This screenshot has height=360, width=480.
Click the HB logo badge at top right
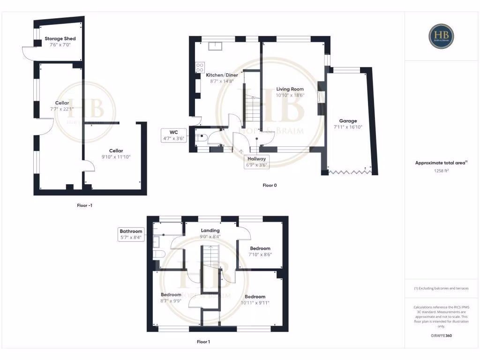point(441,36)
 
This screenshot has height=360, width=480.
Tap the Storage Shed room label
point(60,38)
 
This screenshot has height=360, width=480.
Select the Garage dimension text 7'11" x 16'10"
point(348,127)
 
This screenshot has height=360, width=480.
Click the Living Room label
point(290,89)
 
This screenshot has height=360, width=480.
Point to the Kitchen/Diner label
point(222,75)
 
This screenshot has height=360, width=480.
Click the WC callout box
point(174,135)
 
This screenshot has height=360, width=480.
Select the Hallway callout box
point(256,162)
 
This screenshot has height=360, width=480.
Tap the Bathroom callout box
point(131,234)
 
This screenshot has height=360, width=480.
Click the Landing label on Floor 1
point(210,231)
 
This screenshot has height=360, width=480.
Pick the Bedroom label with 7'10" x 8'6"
point(260,248)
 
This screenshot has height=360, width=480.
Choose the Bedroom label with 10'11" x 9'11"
point(255,296)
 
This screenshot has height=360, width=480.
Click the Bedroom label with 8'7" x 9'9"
point(171,294)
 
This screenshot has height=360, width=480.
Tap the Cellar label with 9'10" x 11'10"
point(116,150)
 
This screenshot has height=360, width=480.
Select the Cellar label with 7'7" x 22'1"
point(62,103)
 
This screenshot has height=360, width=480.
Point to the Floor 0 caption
point(270,185)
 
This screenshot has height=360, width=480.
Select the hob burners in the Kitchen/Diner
point(200,67)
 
